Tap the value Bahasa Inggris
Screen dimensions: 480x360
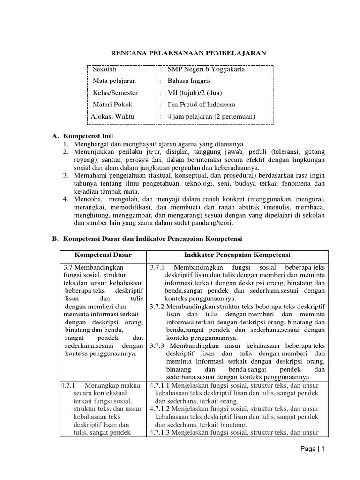tap(186, 81)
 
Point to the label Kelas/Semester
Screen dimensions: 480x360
tap(115, 93)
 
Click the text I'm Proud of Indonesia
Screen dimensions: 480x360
tap(198, 105)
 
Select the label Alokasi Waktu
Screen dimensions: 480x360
tap(112, 116)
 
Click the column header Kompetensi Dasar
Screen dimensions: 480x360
tap(103, 255)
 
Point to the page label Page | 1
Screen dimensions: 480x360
tap(313, 449)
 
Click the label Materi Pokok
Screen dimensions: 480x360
tap(112, 105)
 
